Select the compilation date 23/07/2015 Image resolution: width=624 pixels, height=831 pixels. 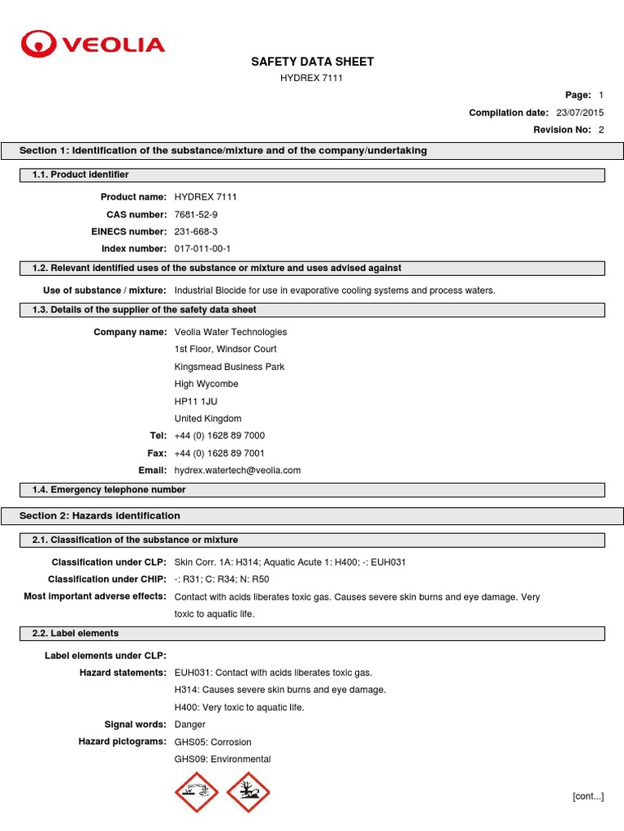(x=579, y=113)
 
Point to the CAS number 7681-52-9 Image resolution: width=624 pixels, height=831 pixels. (x=196, y=214)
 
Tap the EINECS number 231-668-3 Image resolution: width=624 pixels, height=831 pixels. (x=196, y=232)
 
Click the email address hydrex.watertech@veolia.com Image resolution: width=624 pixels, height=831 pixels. (x=237, y=471)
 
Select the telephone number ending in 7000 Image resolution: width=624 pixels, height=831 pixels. (x=219, y=436)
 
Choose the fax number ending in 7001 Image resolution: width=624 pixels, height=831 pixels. (x=219, y=454)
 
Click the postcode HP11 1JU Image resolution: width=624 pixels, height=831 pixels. (x=196, y=402)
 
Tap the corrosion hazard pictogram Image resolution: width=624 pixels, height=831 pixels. (x=197, y=792)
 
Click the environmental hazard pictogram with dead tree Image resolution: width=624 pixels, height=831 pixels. (x=248, y=792)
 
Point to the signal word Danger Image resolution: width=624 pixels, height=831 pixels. (x=190, y=725)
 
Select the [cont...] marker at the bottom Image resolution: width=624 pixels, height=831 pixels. (x=587, y=797)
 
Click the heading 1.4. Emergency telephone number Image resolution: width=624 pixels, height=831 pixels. (x=109, y=490)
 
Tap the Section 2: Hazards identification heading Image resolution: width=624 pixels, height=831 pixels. (x=100, y=516)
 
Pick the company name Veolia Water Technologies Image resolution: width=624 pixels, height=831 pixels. (x=231, y=332)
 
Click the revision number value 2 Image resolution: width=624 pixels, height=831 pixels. (x=601, y=130)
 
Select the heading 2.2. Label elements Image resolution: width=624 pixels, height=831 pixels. (x=76, y=634)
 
